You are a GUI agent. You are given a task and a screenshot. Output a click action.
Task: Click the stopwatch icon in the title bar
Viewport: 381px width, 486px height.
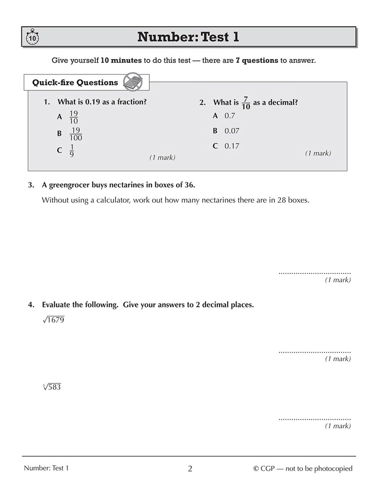32,37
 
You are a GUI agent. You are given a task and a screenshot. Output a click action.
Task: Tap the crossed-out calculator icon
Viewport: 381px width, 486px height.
133,82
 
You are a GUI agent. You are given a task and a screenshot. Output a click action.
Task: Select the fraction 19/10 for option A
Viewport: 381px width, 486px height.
73,117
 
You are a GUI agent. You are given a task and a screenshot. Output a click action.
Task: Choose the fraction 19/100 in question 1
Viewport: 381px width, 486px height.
75,134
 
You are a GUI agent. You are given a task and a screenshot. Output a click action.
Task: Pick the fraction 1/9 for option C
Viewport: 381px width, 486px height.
72,150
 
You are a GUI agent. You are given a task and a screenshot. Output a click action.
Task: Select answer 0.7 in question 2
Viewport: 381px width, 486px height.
229,116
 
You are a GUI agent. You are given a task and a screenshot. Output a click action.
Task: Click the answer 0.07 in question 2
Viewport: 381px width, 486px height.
232,131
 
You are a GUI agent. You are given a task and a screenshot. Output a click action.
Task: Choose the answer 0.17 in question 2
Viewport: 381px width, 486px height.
232,146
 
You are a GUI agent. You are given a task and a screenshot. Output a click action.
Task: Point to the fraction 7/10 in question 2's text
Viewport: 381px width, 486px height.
246,103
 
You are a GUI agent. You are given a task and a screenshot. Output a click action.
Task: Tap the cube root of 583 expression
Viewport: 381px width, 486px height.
52,387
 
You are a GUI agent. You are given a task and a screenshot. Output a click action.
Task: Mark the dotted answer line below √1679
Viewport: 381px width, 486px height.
315,352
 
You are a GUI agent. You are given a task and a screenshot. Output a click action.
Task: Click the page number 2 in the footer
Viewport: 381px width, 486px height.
190,468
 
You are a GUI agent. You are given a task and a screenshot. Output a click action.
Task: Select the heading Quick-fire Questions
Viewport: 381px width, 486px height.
75,83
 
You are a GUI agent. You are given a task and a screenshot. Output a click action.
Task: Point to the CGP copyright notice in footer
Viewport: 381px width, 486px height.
303,468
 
